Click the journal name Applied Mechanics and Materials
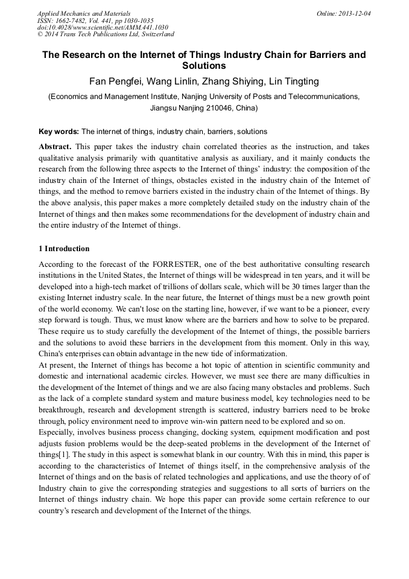pos(83,13)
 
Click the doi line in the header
pos(102,28)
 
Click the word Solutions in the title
pos(204,66)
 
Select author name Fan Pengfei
pos(116,82)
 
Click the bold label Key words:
pos(59,131)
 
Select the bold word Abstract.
pos(55,147)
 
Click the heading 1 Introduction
pos(64,249)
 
